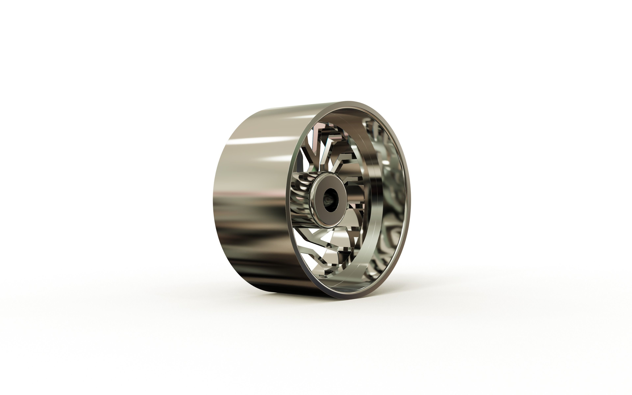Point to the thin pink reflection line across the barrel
(x=251, y=194)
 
